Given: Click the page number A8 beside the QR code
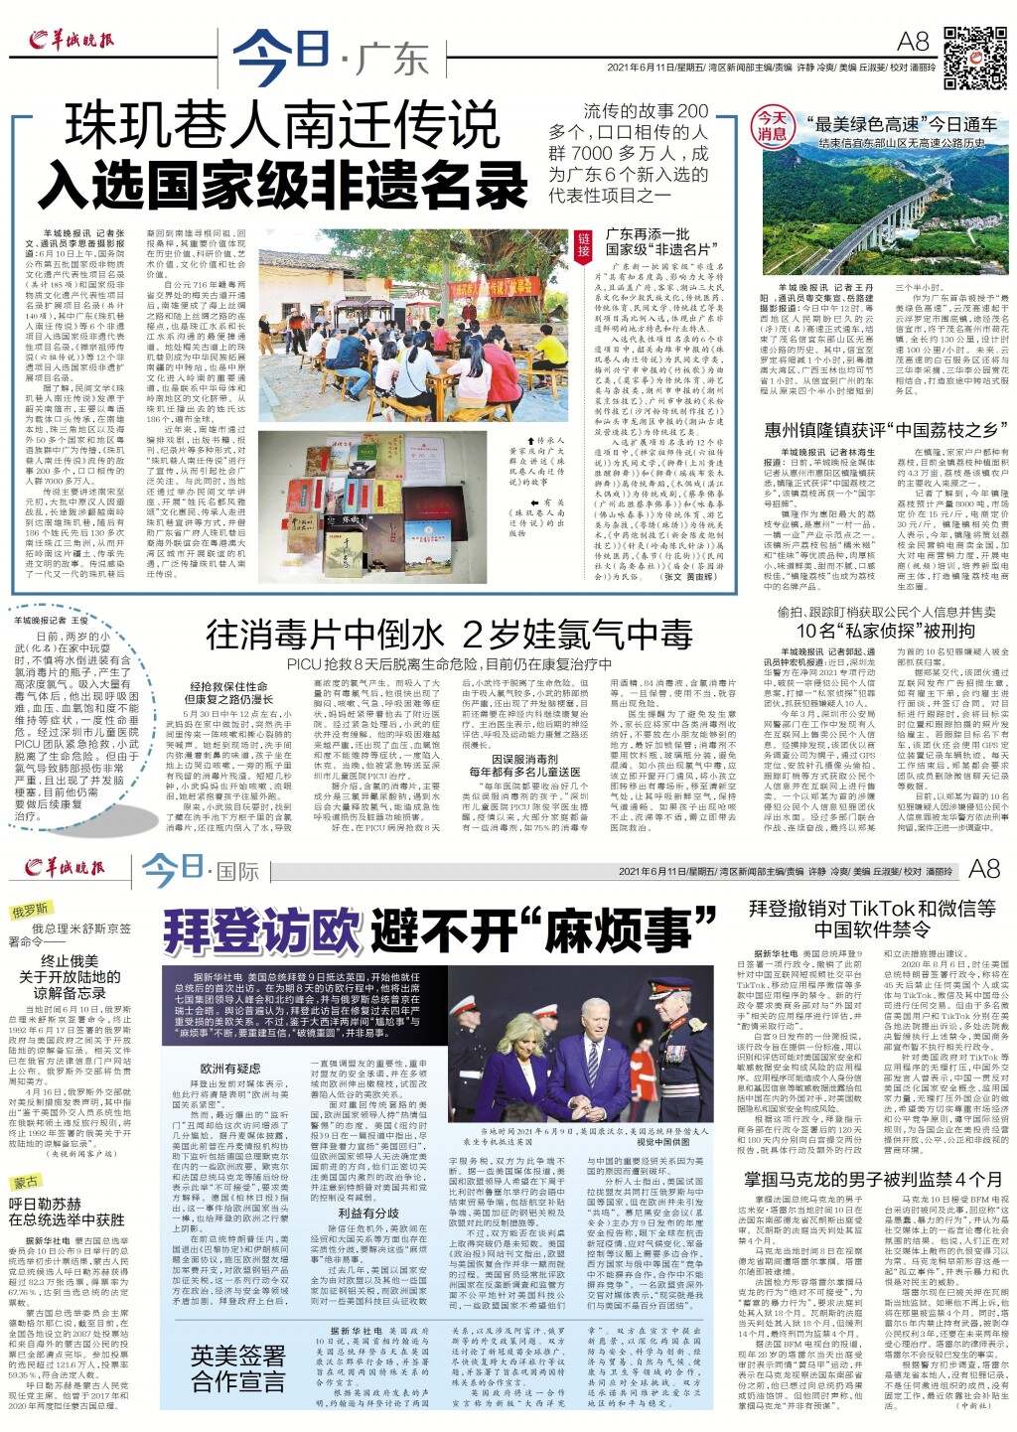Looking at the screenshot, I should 912,41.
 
